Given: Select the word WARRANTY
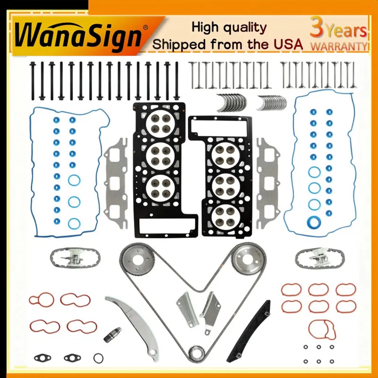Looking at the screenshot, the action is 339,47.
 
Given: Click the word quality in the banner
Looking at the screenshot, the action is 245,28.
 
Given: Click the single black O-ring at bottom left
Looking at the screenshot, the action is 98,358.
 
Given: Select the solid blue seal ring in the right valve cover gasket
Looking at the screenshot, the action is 314,223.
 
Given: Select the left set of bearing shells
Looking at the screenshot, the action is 232,103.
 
